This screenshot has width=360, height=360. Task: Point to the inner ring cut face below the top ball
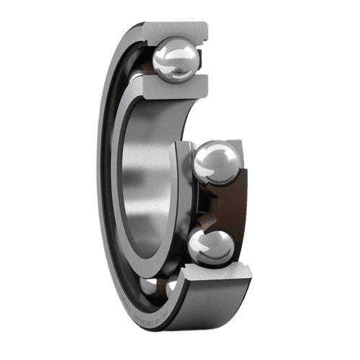coord(173,88)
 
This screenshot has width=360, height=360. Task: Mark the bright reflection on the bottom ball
coord(205,240)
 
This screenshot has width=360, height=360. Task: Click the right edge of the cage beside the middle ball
coord(245,173)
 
